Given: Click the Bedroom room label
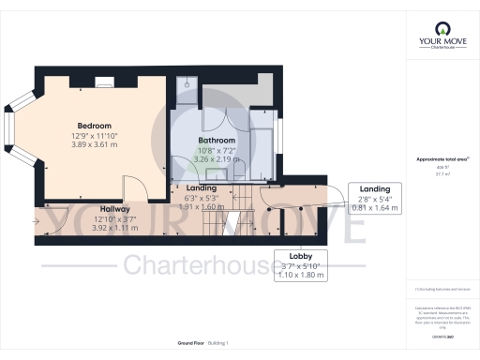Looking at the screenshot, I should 94,126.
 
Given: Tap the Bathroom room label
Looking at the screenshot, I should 216,139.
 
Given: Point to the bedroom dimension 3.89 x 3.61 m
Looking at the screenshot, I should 94,145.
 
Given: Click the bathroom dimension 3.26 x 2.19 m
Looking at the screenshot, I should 216,159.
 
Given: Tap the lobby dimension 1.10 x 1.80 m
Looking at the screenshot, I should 300,275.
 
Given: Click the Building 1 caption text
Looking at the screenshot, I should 216,344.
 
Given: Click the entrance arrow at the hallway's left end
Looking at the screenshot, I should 36,222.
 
